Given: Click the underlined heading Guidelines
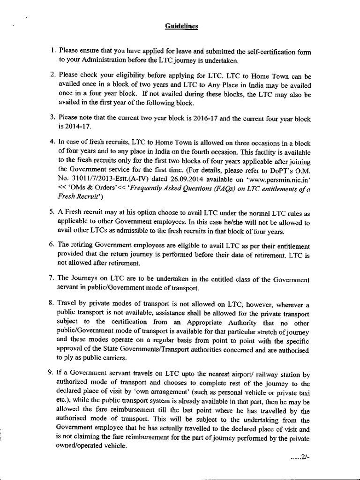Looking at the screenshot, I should tap(182, 27).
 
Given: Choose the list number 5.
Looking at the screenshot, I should tap(53, 212).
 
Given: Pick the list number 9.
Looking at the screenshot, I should tap(53, 373).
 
